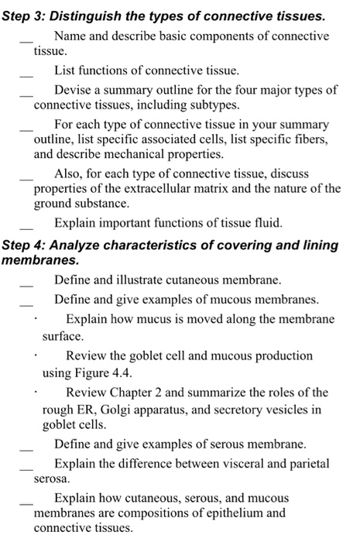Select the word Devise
[72, 90]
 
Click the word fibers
[309, 139]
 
